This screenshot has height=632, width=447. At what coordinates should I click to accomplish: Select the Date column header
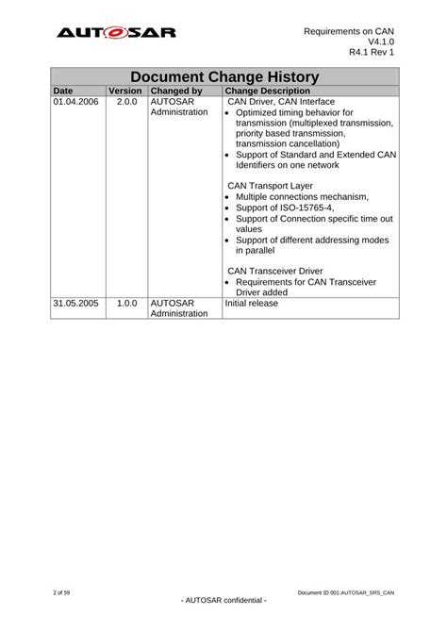[63, 91]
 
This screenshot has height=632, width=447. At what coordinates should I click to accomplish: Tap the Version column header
[125, 91]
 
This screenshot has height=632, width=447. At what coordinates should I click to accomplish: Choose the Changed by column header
[176, 91]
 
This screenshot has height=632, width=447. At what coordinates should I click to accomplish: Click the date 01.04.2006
[76, 102]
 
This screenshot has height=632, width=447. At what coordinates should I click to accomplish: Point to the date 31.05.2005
[76, 304]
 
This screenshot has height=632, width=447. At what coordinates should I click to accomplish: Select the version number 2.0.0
[126, 102]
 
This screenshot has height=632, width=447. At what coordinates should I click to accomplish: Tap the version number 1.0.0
[126, 304]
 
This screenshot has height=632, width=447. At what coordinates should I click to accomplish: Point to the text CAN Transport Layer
[275, 186]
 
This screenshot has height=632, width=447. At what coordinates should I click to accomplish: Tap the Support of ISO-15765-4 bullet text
[285, 208]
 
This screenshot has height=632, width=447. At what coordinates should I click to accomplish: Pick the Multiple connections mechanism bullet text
[302, 196]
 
